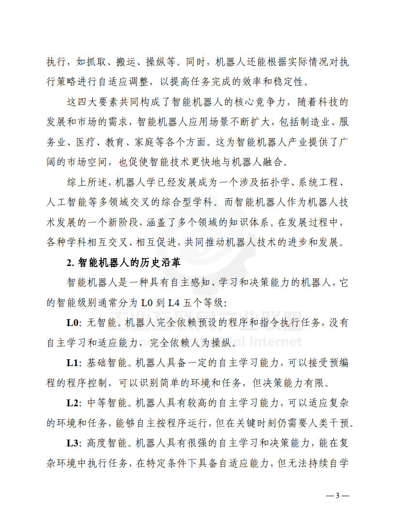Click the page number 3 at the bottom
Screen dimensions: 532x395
(338, 496)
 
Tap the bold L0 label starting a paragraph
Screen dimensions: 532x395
(73, 323)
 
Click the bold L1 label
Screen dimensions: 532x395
(73, 363)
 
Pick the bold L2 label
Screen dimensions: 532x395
(73, 402)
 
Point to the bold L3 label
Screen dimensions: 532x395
(73, 443)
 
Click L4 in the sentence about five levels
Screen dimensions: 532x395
(174, 303)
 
